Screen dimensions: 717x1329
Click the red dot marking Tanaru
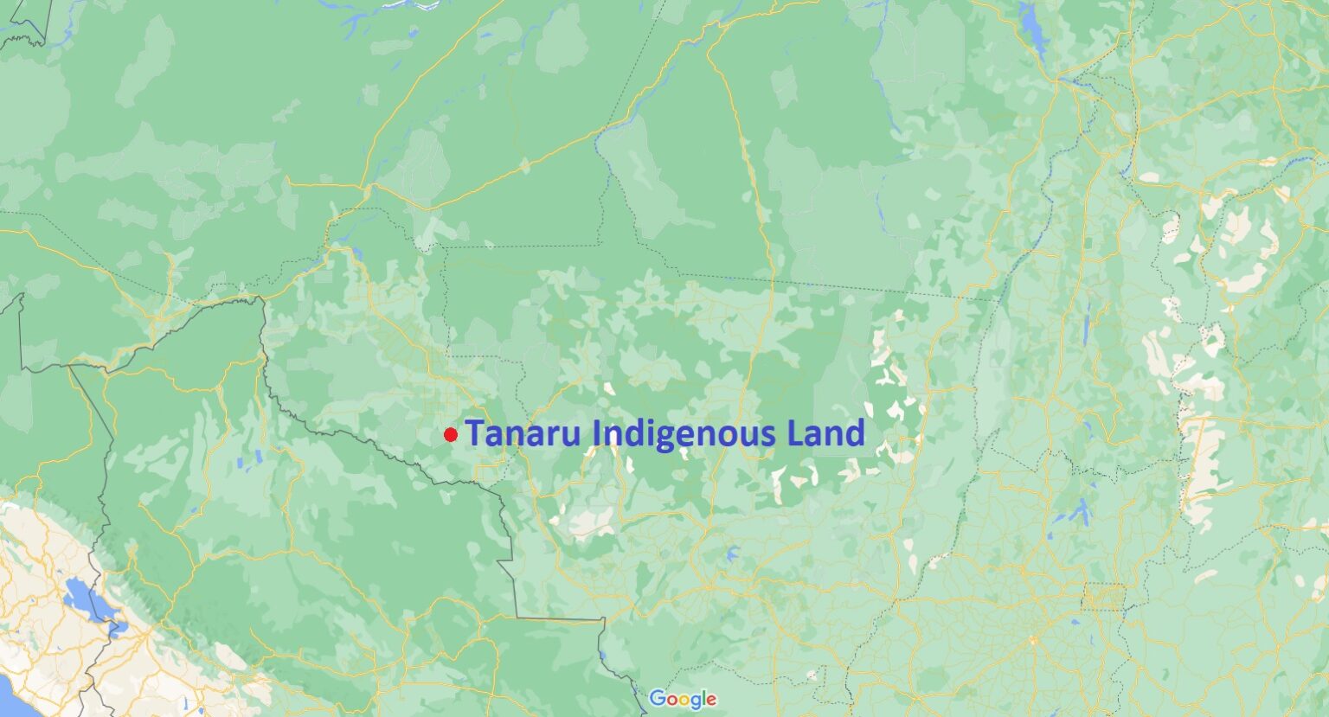tap(450, 434)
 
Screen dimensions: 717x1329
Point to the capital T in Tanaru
tap(475, 433)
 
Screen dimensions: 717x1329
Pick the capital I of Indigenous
tap(596, 433)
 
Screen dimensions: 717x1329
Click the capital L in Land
tap(796, 433)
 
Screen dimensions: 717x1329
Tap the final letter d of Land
tap(855, 433)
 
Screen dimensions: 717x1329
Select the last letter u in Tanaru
tap(570, 436)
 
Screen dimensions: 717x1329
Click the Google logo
tap(683, 699)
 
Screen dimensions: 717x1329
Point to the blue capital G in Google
tap(657, 699)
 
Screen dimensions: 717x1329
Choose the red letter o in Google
tap(671, 700)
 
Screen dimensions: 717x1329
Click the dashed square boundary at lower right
tap(1103, 597)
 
